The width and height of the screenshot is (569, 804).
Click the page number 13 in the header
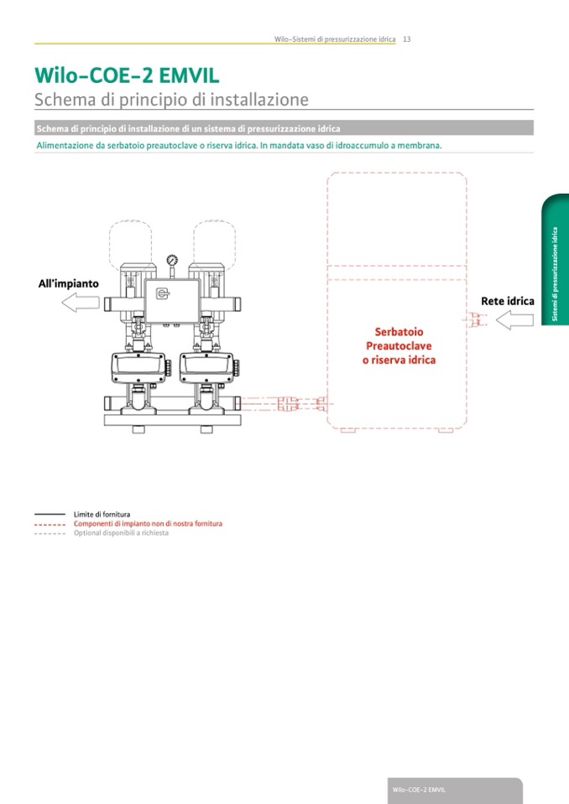point(406,39)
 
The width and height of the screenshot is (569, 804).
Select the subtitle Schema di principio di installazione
point(171,100)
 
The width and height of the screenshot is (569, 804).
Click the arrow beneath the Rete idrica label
point(514,319)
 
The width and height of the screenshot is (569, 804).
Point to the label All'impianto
point(68,283)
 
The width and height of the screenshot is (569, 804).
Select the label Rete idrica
point(507,300)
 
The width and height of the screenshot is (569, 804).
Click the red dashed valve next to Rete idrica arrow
point(478,319)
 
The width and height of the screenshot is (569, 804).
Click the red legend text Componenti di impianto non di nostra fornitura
point(148,523)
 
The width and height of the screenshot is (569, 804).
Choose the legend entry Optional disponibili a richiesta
point(121,533)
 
